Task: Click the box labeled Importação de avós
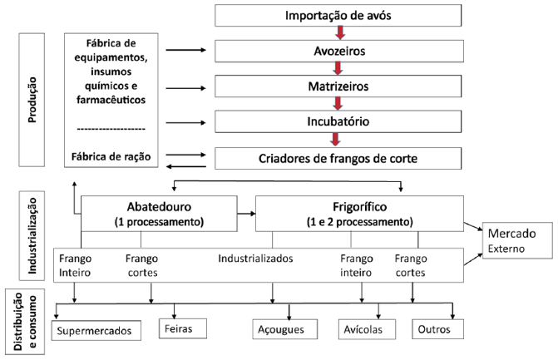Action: [x=338, y=15]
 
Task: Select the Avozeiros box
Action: [x=339, y=51]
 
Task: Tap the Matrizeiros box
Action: [x=338, y=86]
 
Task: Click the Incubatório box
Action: [x=338, y=121]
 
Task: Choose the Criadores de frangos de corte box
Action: [x=338, y=158]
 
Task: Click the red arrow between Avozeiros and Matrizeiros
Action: [x=338, y=68]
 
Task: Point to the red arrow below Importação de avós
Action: [x=340, y=32]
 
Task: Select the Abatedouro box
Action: [x=159, y=214]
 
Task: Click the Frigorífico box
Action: [x=359, y=214]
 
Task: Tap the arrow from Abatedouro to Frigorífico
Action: [x=246, y=214]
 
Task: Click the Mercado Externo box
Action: [x=517, y=240]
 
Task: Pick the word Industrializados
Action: [x=255, y=259]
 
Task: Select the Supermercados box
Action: [x=96, y=330]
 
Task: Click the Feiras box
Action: [x=183, y=328]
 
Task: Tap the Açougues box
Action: [x=284, y=329]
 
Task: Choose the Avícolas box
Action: [x=367, y=329]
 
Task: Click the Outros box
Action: [x=437, y=329]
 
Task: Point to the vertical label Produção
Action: [x=32, y=100]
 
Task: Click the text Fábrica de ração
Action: [x=111, y=156]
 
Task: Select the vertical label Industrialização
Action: [x=32, y=235]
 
